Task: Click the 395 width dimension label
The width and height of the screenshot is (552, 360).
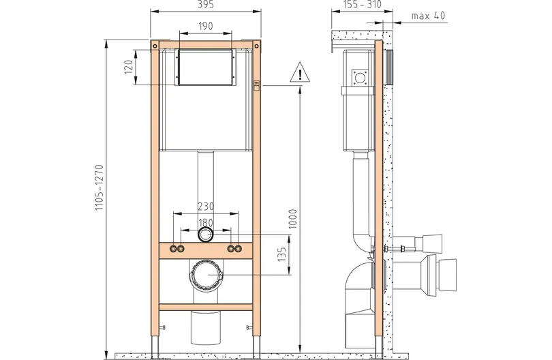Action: [206, 5]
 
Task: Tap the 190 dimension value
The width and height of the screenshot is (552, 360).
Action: [206, 26]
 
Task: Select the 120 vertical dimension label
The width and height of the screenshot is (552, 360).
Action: [129, 67]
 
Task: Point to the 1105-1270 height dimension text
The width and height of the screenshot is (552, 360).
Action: [99, 187]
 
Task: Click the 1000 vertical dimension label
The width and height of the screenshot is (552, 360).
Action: [293, 219]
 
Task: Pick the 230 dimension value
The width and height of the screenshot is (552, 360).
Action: [206, 206]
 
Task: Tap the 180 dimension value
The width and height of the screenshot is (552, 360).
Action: [206, 223]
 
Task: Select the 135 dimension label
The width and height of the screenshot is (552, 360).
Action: [282, 254]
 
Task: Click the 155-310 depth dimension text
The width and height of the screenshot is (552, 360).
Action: [362, 4]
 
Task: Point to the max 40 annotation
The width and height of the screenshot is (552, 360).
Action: [428, 16]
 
